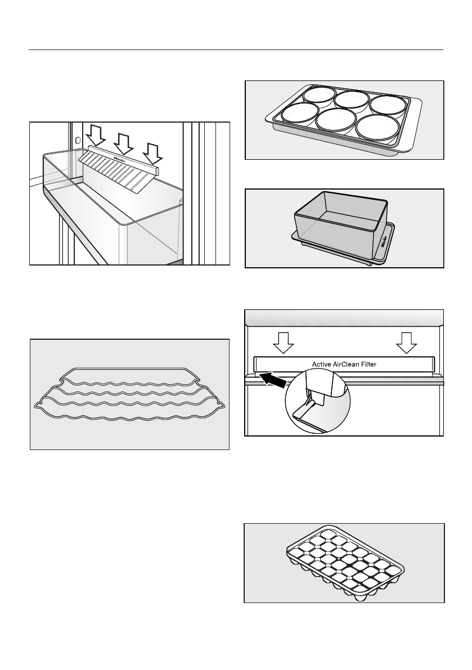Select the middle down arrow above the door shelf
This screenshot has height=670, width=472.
[x=124, y=143]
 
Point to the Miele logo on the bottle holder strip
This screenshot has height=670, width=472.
[x=123, y=160]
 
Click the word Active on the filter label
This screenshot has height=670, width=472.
[x=322, y=365]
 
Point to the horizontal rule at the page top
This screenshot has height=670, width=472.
[x=236, y=50]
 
